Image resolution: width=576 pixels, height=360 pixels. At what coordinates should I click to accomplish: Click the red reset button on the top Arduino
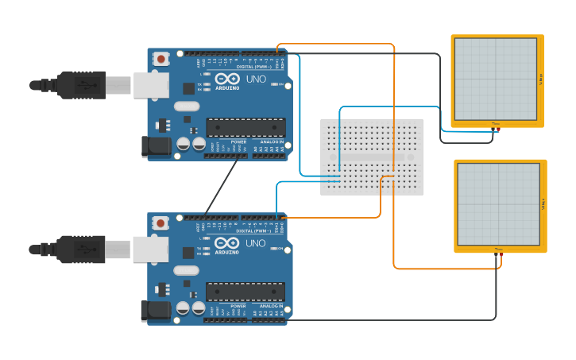[161, 58]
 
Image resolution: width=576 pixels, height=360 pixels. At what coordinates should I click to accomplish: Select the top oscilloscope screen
[495, 79]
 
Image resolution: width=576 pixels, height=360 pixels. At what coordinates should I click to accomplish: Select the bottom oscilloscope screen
[498, 204]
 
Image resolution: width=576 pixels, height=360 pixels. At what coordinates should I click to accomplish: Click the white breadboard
[371, 157]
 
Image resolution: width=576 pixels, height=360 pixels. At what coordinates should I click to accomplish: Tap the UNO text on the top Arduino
[256, 79]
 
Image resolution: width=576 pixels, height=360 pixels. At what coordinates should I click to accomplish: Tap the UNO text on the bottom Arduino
[256, 243]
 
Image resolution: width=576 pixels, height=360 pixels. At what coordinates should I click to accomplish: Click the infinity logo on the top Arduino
[226, 79]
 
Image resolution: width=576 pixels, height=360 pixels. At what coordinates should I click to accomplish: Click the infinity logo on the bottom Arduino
[226, 244]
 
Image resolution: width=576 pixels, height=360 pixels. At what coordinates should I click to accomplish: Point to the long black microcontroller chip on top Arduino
[245, 127]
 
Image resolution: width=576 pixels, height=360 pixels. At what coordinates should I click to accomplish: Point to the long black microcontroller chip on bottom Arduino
[245, 292]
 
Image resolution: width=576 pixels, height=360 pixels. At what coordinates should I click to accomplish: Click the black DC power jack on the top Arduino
[155, 146]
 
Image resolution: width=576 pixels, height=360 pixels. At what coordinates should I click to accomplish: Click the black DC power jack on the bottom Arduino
[155, 311]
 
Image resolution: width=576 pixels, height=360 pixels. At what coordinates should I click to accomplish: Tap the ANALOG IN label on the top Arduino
[271, 141]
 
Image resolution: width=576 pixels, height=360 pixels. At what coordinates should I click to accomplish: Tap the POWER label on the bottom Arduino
[238, 306]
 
